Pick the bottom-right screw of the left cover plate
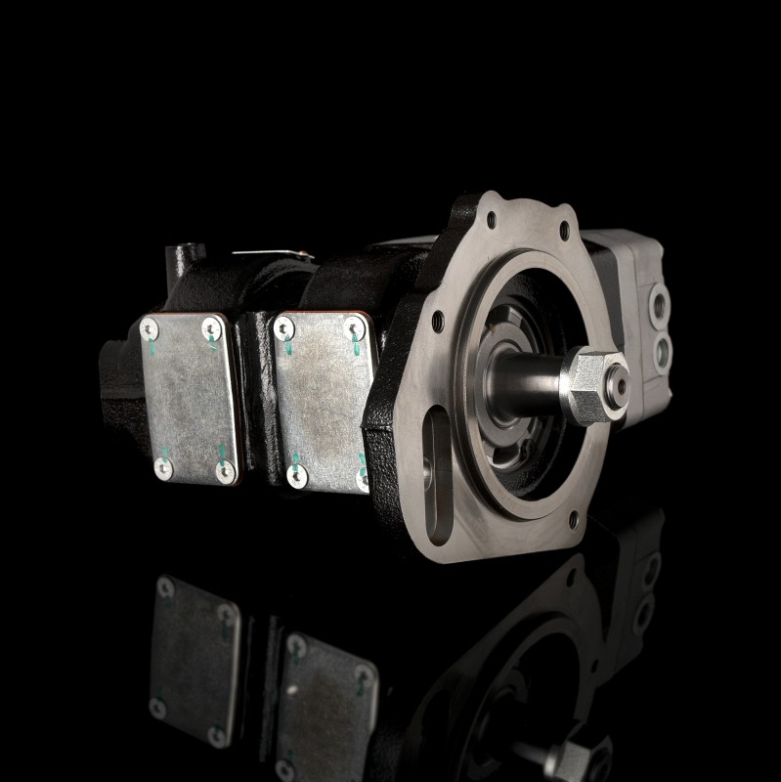coord(226,472)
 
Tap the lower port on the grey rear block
coord(667,347)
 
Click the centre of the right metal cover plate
coord(323,401)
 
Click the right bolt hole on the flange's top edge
coord(563,231)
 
